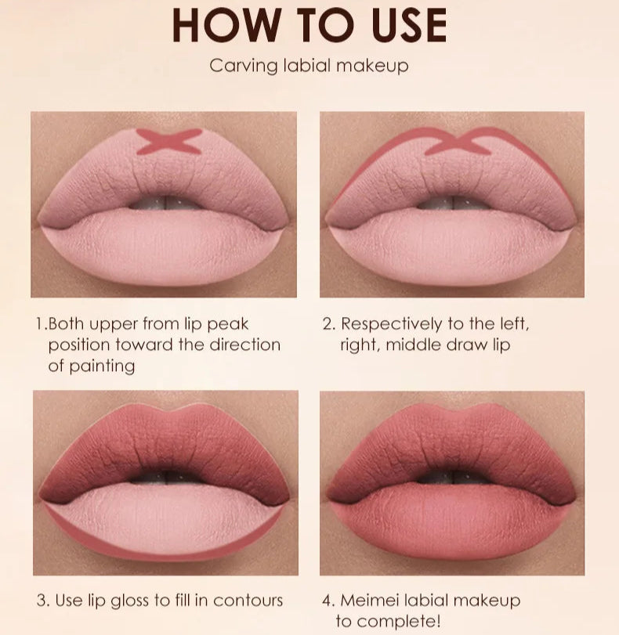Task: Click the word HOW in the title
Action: click(226, 25)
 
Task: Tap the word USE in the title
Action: click(410, 25)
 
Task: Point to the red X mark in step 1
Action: click(168, 142)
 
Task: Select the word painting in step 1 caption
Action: click(102, 366)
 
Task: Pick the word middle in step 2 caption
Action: click(414, 345)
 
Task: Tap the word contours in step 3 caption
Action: click(248, 601)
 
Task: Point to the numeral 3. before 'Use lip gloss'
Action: click(43, 601)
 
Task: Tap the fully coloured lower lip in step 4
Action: click(452, 522)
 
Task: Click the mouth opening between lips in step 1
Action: click(166, 203)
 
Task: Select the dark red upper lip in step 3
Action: click(165, 446)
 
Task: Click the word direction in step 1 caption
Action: click(244, 345)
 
